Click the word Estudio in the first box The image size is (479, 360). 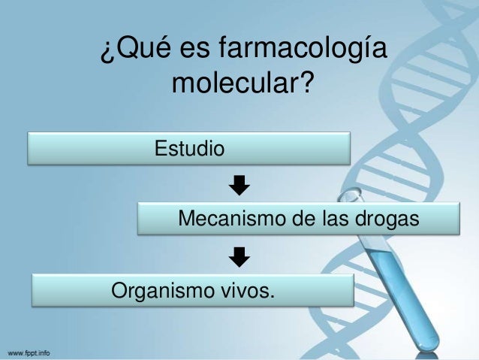click(x=189, y=148)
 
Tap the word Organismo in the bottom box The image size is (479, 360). click(x=155, y=289)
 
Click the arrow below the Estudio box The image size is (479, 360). click(x=239, y=184)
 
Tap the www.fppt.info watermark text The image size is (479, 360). click(x=30, y=352)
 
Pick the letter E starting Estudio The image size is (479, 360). click(x=160, y=148)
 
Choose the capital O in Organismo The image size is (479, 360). click(x=119, y=289)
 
